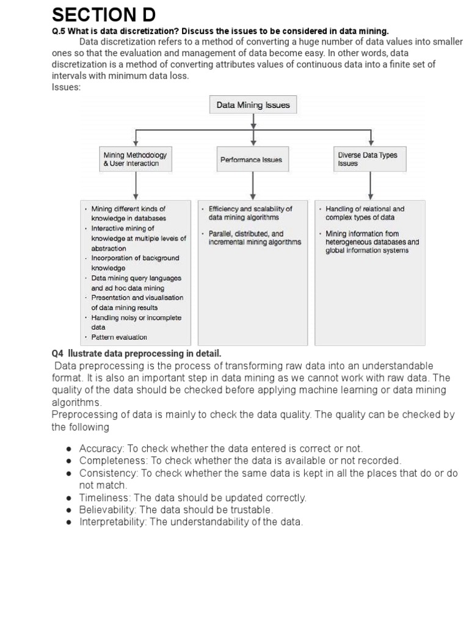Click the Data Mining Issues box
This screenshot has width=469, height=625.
[253, 105]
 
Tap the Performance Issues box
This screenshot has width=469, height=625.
[251, 159]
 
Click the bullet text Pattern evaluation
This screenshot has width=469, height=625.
[119, 337]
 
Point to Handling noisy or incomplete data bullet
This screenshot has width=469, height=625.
[136, 322]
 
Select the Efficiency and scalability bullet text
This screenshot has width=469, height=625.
[250, 213]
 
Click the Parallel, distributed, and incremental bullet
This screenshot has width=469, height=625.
[255, 237]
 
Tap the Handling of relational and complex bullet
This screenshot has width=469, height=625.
[365, 213]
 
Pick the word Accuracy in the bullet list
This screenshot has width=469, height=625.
[100, 449]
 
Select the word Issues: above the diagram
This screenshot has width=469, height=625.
[67, 87]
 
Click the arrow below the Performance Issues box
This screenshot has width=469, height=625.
[253, 186]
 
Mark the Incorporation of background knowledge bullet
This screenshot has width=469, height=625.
[135, 263]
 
